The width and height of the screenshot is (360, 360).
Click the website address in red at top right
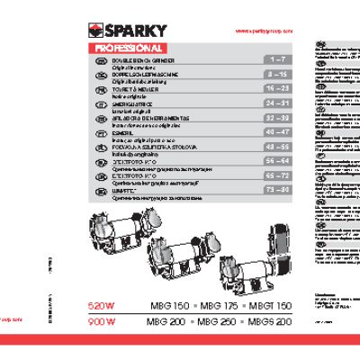tap(268, 30)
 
